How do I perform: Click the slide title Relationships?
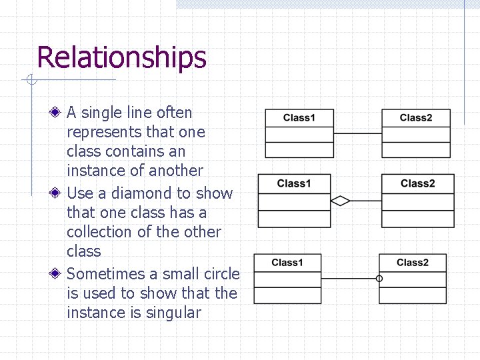[121, 58]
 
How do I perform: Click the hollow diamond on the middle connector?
[341, 201]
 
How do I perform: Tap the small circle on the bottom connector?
[379, 279]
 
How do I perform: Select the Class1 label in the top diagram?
[299, 118]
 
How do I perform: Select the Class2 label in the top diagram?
[416, 118]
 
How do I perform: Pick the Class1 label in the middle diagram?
[294, 183]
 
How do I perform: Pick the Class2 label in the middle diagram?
[417, 183]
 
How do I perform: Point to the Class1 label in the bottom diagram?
[287, 263]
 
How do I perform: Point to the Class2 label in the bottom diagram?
[413, 263]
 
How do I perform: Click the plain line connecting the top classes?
[357, 133]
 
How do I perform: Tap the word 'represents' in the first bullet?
[101, 132]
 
